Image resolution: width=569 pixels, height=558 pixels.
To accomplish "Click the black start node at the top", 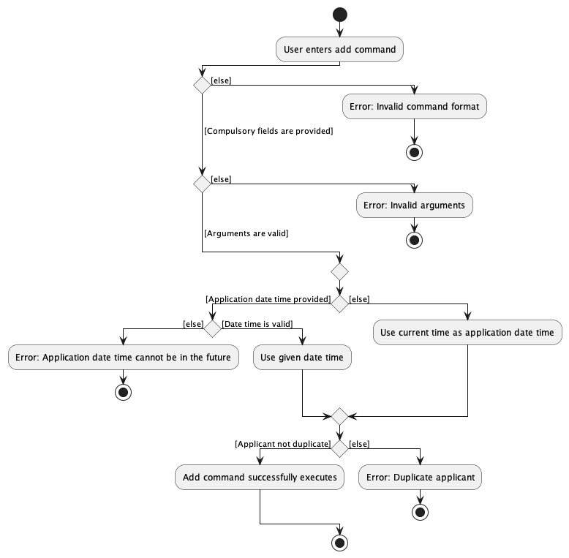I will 339,14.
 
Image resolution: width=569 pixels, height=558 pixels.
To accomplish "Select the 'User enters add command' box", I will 339,50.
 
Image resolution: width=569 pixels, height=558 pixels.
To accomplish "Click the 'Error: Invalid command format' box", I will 414,107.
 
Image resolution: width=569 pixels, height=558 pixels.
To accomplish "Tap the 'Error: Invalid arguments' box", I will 414,206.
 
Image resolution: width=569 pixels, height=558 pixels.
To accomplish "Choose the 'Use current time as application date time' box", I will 467,333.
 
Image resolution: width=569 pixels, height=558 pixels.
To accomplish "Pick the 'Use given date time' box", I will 303,358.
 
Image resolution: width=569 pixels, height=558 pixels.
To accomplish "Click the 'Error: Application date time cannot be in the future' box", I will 123,358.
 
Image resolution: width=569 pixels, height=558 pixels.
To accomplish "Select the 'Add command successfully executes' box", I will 260,478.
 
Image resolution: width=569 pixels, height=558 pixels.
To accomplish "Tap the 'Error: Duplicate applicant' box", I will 421,478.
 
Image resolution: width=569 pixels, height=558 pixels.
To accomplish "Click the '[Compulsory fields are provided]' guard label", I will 268,132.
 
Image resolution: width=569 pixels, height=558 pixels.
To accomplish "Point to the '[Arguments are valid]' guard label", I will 246,233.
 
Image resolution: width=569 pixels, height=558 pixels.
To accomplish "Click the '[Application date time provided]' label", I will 268,299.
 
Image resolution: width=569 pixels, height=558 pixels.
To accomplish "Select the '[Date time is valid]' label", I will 256,324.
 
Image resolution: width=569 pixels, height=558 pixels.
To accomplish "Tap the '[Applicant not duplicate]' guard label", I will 282,443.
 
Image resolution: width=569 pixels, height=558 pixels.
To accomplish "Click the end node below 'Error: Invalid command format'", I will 415,152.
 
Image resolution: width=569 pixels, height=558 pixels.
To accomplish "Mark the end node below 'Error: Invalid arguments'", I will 415,240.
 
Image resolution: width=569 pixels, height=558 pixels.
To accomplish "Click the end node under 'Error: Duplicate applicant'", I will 421,512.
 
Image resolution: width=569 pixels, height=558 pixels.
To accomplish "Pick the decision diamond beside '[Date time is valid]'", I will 212,329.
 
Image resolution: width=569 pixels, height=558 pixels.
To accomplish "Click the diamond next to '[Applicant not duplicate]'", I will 339,448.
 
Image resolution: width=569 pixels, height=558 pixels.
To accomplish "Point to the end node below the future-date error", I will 123,392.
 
